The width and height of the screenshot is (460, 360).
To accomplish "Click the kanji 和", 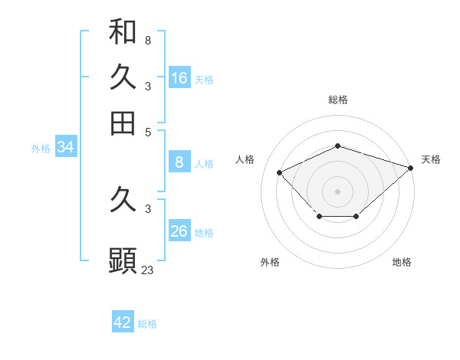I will pos(123,31).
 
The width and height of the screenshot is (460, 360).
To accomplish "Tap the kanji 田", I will pos(123,123).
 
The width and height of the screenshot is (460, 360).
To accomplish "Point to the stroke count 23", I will pos(148,269).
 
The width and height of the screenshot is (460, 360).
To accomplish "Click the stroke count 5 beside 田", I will pos(148,131).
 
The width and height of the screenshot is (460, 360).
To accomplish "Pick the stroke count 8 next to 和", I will pos(148,40).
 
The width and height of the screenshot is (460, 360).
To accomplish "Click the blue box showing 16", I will pos(179,78).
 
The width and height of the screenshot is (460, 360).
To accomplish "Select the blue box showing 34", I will pos(65,147).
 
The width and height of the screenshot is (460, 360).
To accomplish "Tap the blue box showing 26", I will pos(179,231).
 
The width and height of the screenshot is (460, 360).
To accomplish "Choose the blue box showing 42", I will pos(123,322).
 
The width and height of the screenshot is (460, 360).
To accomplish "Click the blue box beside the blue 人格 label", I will pos(179,162).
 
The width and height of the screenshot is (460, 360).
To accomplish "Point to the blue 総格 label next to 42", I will pos(147,324).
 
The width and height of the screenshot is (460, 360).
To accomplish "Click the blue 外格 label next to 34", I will pos(41,149).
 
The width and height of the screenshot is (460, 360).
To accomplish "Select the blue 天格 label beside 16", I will pos(204,80).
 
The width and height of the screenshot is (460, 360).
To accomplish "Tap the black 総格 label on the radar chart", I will pos(337,100).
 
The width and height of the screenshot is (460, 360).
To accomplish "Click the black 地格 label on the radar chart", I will pos(402,262).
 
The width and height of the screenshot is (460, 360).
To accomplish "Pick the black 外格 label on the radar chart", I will pos(270,262).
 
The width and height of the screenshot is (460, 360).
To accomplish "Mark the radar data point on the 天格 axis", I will pos(411,168).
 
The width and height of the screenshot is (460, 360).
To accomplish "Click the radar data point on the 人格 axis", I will pos(280,173).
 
